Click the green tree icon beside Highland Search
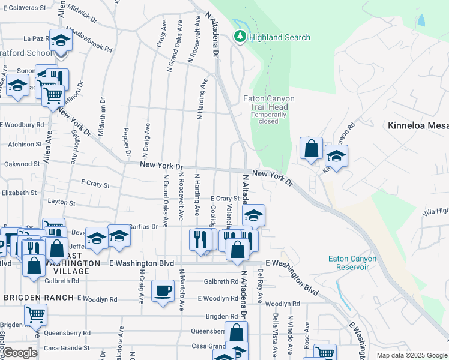click(240, 37)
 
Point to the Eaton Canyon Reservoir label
click(352, 263)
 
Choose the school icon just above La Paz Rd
click(61, 40)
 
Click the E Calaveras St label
click(24, 8)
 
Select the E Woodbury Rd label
click(23, 125)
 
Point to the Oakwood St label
click(22, 164)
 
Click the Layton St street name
click(50, 203)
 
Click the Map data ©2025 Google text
click(412, 355)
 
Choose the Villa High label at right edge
click(435, 211)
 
